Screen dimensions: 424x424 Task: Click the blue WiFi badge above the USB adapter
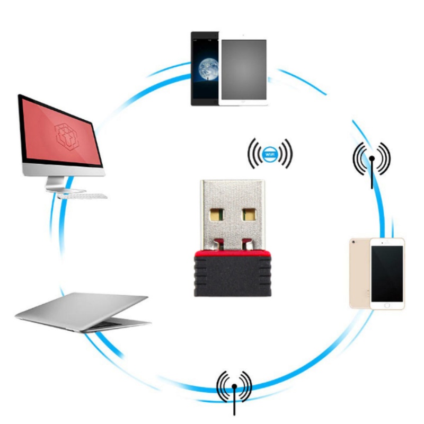click(x=270, y=153)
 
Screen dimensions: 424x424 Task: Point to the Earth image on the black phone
click(x=206, y=69)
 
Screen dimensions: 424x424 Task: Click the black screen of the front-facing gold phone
click(x=386, y=273)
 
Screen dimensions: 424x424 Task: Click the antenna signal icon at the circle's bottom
click(x=234, y=386)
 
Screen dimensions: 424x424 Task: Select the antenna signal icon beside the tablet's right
click(x=372, y=158)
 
